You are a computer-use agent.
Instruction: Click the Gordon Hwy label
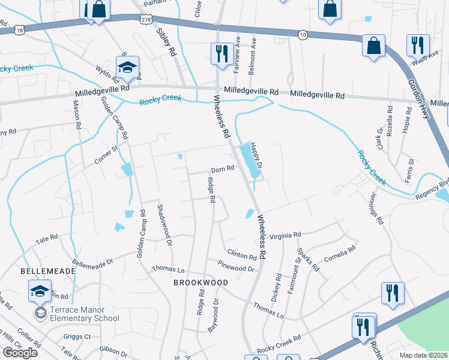pyautogui.click(x=420, y=93)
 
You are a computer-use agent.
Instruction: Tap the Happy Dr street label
pyautogui.click(x=256, y=155)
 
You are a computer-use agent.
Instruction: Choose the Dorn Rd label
pyautogui.click(x=221, y=170)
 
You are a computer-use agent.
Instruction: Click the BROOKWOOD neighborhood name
pyautogui.click(x=201, y=282)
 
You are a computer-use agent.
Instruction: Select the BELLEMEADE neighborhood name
pyautogui.click(x=48, y=271)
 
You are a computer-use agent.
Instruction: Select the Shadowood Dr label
pyautogui.click(x=164, y=226)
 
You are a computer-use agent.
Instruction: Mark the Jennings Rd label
pyautogui.click(x=375, y=208)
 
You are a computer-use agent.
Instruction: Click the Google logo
pyautogui.click(x=20, y=353)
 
